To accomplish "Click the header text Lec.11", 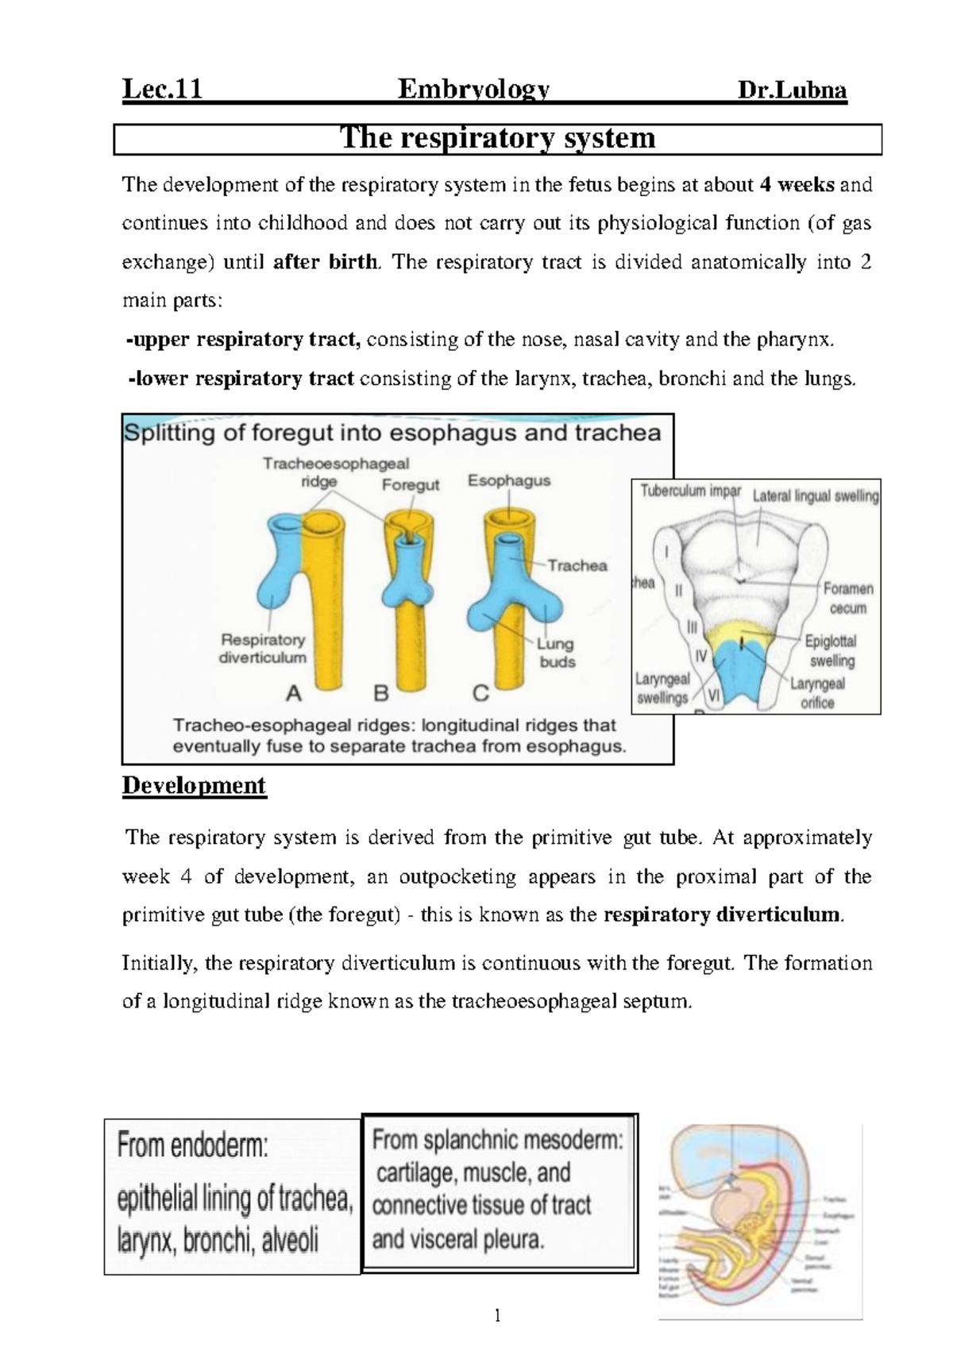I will (162, 91).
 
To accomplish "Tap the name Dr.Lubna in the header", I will (792, 91).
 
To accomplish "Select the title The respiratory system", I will (498, 139).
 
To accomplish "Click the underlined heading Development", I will (194, 786).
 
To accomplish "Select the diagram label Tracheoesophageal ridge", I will (335, 472).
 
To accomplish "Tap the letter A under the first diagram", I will (294, 694).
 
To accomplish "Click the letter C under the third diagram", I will (480, 694).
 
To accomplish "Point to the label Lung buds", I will (556, 653).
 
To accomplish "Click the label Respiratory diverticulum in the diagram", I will (263, 648).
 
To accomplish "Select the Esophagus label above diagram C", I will (509, 480).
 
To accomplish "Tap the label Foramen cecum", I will (847, 599).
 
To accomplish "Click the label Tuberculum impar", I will (690, 491).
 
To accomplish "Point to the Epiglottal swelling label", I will (831, 650).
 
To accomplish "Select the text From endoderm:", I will (193, 1146).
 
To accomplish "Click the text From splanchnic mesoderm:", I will (497, 1141).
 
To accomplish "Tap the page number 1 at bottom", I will (498, 1317).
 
